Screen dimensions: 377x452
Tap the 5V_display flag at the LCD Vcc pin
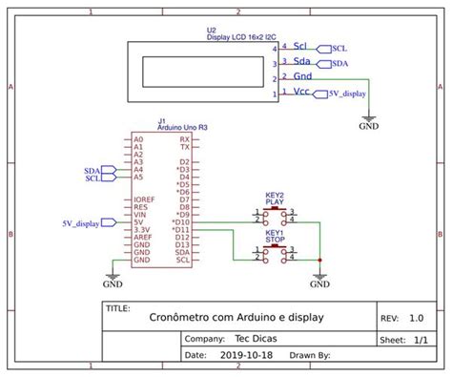[x=345, y=94]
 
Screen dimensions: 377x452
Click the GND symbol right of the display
[x=368, y=121]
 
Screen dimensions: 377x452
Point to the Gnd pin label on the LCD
[x=302, y=76]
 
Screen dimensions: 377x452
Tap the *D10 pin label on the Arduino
[x=181, y=222]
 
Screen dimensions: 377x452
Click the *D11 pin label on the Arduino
[x=181, y=230]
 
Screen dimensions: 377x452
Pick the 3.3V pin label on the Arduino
[x=141, y=230]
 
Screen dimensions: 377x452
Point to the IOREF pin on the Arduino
[x=144, y=199]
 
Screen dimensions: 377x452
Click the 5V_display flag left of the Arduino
[x=82, y=222]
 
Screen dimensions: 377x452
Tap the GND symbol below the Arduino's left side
[x=113, y=281]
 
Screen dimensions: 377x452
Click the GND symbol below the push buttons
[x=320, y=281]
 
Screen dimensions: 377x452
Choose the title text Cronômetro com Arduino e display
[x=236, y=317]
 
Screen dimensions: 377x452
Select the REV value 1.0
[x=417, y=319]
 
